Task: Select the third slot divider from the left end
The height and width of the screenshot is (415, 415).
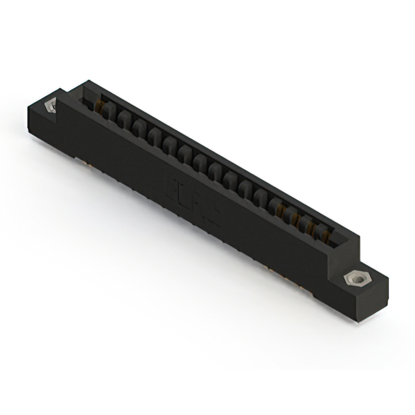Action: point(138,129)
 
